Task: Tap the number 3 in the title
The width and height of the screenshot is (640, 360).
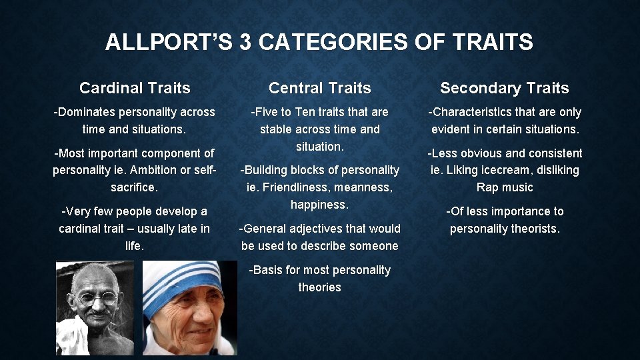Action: coord(245,43)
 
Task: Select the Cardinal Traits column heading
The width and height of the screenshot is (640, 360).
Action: coord(135,88)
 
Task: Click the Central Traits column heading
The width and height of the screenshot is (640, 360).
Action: coord(320,88)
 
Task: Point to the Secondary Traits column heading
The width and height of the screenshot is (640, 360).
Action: coord(505,88)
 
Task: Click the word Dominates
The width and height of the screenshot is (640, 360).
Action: coord(87,112)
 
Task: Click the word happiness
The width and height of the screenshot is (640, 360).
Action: coord(320,205)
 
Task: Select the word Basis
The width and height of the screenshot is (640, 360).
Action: coord(264,270)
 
